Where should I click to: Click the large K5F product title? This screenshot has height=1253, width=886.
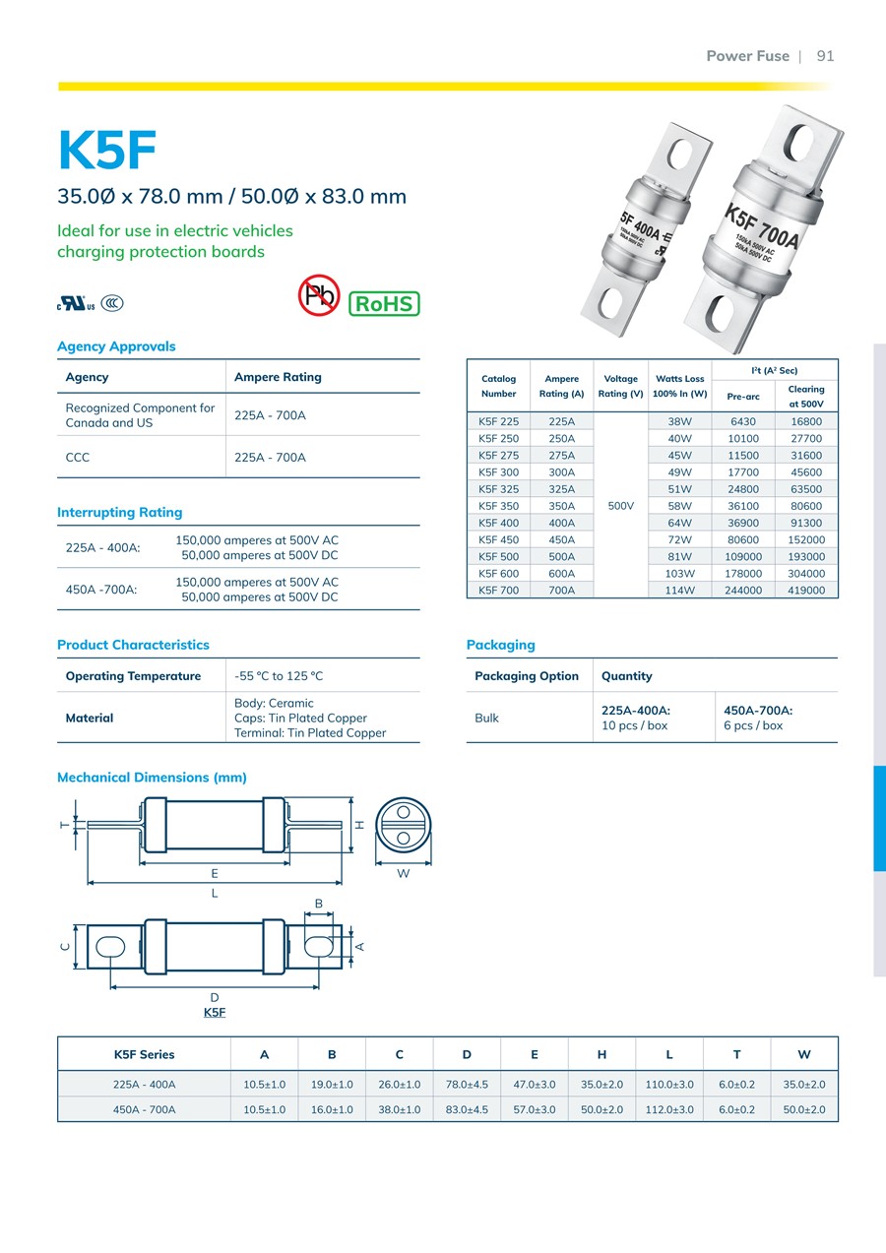(108, 150)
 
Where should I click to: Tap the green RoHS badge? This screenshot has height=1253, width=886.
(384, 303)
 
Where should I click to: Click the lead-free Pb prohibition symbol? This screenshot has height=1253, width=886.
(318, 294)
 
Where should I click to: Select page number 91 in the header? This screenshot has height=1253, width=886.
(825, 56)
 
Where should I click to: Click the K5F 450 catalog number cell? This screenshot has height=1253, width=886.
(498, 539)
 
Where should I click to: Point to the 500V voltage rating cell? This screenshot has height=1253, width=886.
(620, 506)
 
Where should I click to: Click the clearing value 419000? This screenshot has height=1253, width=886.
(806, 591)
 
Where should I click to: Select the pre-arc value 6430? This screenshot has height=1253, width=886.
(743, 421)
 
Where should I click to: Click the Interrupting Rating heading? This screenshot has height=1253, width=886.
(119, 512)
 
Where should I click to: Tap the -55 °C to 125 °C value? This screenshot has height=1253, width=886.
(279, 676)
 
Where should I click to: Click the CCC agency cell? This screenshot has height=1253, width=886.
(78, 457)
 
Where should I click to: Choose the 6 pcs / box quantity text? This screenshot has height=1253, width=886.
(753, 725)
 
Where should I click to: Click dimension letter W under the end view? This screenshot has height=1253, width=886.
(403, 873)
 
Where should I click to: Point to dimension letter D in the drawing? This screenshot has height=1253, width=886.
(215, 998)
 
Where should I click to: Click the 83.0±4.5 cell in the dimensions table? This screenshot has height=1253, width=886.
(467, 1109)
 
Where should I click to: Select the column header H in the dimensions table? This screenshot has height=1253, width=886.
(601, 1054)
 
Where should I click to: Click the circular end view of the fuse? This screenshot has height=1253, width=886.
(402, 825)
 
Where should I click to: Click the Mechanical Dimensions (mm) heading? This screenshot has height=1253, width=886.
(152, 778)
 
